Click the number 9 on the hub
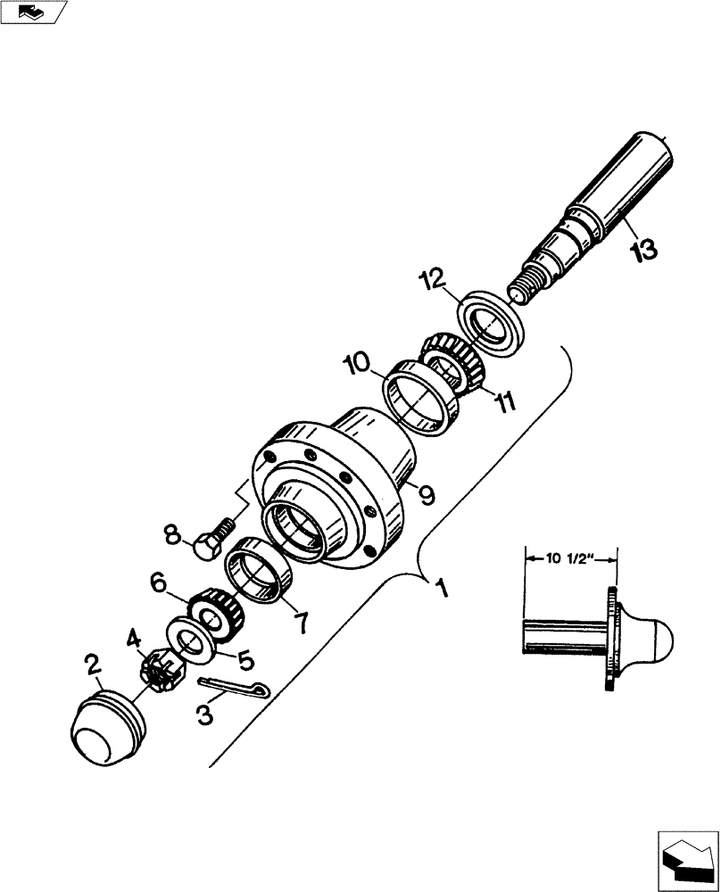pos(427,493)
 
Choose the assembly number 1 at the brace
pos(439,590)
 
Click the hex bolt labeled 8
pos(209,541)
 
